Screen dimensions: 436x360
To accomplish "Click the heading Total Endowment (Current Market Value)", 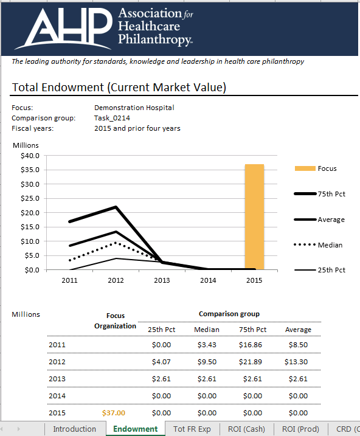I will (x=119, y=88).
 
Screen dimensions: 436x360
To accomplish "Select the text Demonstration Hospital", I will (x=134, y=108).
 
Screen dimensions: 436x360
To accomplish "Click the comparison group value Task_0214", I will (x=112, y=118).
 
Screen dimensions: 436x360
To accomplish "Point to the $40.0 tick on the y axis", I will (x=30, y=156).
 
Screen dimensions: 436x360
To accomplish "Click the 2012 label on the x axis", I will (x=116, y=280).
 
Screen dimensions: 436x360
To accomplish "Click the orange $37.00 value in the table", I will (x=113, y=413).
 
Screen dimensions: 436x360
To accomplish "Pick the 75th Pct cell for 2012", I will (x=252, y=362).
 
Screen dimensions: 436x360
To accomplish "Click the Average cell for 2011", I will (x=298, y=345).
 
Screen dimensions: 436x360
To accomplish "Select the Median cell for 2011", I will (x=207, y=345).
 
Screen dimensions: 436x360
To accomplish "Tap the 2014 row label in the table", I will (x=57, y=396).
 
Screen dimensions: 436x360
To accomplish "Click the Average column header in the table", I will (x=298, y=330).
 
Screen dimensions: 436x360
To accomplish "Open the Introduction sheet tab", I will (x=74, y=429).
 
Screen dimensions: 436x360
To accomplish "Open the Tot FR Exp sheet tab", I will (x=192, y=429).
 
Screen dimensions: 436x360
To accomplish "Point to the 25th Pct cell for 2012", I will (x=161, y=362).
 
